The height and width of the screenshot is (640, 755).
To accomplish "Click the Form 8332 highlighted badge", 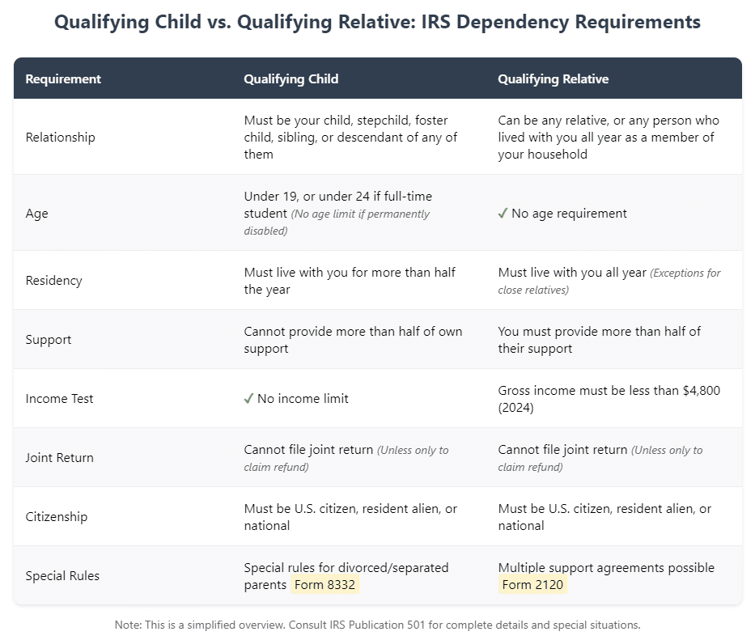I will click(324, 585).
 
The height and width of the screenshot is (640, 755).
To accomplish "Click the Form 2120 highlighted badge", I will click(532, 585).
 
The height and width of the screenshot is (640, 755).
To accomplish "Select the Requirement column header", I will click(63, 79).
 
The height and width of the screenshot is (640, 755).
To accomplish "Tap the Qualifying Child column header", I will click(291, 79).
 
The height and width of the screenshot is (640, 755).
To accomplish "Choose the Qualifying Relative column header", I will click(553, 79).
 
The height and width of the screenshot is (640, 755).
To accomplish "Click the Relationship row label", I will click(60, 138).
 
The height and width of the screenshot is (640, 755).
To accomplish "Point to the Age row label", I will click(36, 214).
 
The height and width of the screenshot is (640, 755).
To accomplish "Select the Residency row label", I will click(53, 281).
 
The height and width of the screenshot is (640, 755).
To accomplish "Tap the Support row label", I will click(49, 340).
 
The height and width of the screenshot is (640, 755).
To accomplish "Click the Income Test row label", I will click(59, 399).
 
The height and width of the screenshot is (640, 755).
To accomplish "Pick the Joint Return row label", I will click(59, 458).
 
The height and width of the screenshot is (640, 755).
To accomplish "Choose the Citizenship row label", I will click(57, 517).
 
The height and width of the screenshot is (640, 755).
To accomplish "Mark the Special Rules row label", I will click(62, 576).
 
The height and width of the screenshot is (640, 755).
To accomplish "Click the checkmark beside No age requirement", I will click(503, 214).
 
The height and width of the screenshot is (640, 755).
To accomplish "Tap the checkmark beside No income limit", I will click(248, 399).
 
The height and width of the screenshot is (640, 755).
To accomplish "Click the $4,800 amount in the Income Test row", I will click(702, 391).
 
